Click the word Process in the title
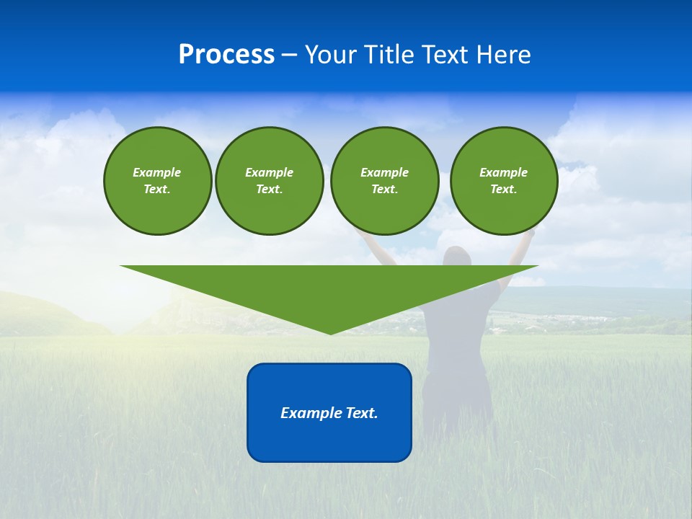click(x=226, y=55)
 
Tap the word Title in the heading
click(x=390, y=55)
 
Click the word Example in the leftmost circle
click(x=156, y=172)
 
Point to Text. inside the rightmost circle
click(x=503, y=190)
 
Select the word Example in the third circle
click(x=384, y=172)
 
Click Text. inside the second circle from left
click(x=269, y=190)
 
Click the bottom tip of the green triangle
click(x=330, y=332)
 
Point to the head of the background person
click(x=457, y=258)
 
